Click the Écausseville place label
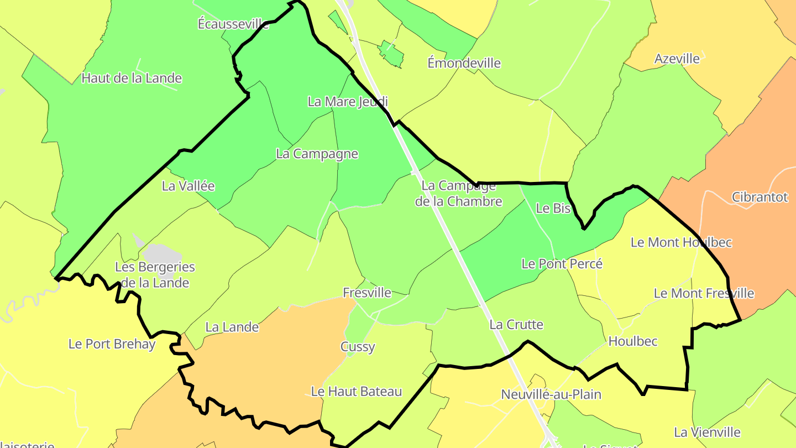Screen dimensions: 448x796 (x=233, y=24)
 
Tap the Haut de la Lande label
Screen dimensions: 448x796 (x=132, y=78)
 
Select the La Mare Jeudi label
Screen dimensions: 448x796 (x=348, y=102)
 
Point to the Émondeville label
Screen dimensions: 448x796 (x=464, y=63)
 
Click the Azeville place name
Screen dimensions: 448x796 (x=677, y=59)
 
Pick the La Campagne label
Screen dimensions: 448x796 (x=317, y=154)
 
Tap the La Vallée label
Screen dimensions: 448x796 (x=188, y=186)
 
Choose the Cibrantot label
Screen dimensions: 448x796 (x=760, y=197)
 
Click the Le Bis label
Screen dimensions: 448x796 (x=553, y=209)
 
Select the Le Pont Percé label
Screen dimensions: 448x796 (x=562, y=264)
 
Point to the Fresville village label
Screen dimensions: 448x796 (x=367, y=293)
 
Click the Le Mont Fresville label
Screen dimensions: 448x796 (x=704, y=293)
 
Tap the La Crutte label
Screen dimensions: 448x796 (x=516, y=325)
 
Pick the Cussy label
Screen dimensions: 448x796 (x=358, y=347)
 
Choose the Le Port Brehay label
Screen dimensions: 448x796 (x=112, y=343)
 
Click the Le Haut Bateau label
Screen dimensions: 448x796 (x=356, y=392)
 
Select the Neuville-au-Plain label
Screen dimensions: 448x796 (x=551, y=395)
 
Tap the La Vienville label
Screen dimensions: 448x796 (x=707, y=432)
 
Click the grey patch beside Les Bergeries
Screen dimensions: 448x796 (x=161, y=254)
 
